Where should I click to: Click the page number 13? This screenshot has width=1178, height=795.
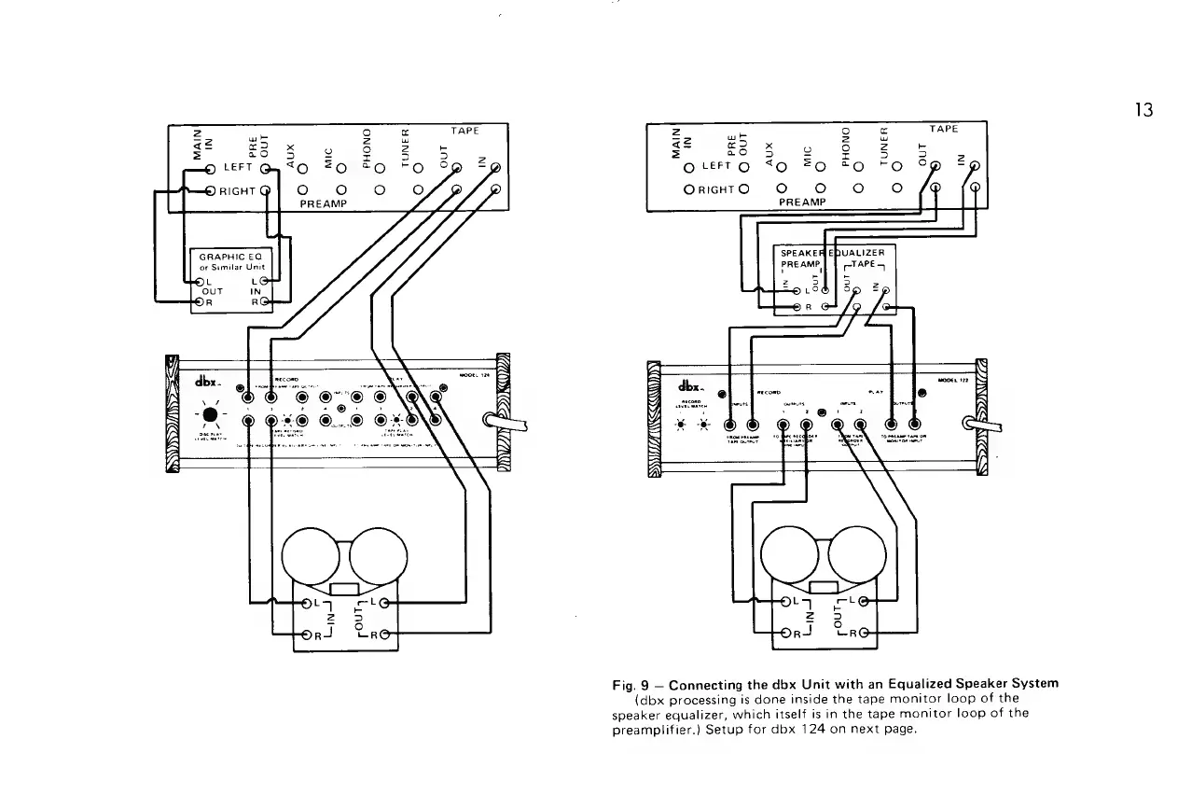[x=1144, y=110]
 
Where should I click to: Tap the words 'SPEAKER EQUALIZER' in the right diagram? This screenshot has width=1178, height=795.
[x=832, y=253]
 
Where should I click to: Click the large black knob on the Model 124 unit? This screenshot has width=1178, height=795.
[x=212, y=414]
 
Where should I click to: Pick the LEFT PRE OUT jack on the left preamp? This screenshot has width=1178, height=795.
[x=266, y=169]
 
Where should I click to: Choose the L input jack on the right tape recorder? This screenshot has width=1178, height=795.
[x=786, y=603]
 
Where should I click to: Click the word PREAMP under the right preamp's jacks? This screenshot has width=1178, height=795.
[x=802, y=201]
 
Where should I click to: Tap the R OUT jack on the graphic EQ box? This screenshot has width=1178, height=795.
[x=198, y=301]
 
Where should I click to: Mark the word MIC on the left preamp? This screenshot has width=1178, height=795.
[x=329, y=154]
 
